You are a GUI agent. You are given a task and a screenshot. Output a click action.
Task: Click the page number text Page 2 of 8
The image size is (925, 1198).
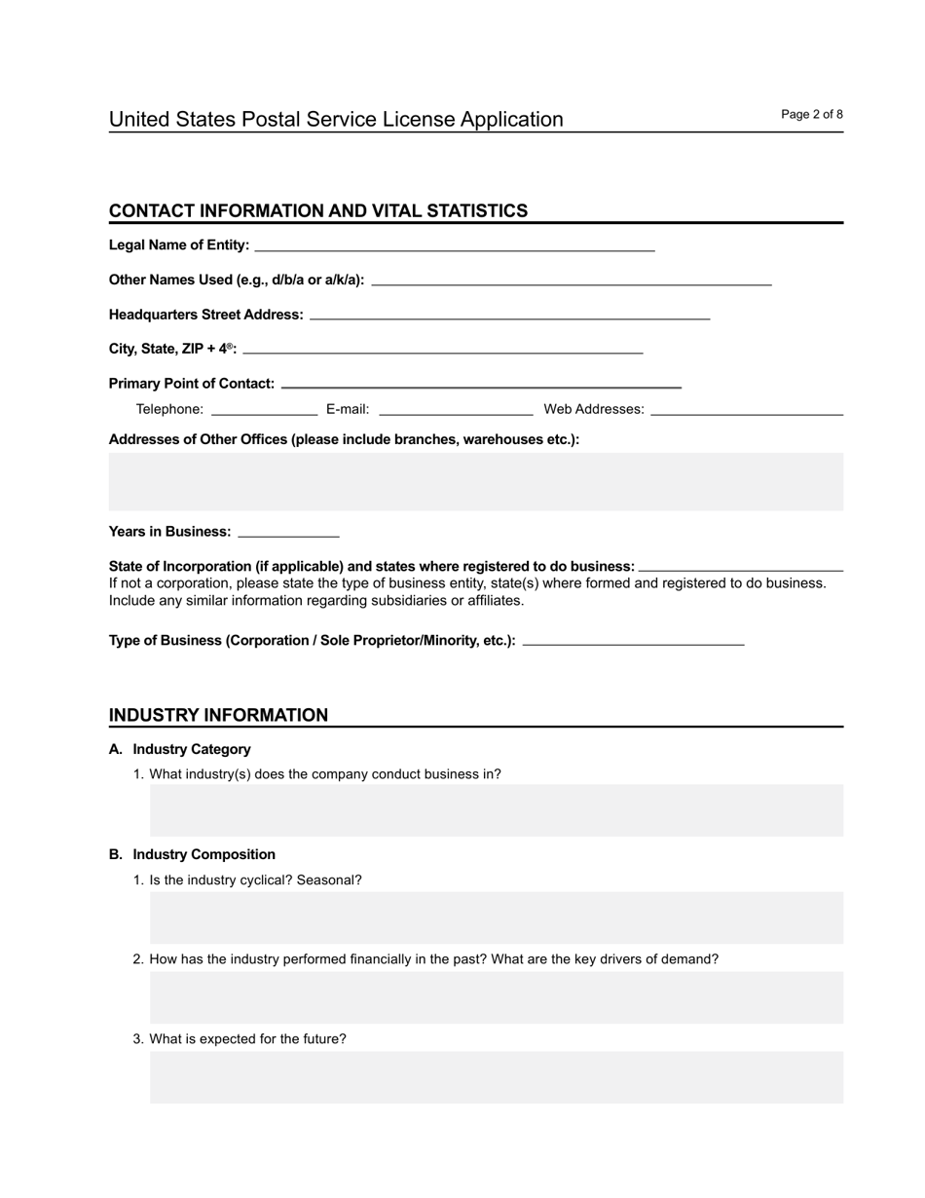point(811,115)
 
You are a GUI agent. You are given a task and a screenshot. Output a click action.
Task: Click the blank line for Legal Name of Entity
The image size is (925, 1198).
point(454,244)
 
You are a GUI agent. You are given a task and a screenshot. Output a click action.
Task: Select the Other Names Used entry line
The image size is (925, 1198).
point(572,280)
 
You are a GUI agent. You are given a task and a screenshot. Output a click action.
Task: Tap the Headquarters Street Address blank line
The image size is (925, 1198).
point(509,315)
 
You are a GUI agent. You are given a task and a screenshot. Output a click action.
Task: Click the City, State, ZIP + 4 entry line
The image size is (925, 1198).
point(443,348)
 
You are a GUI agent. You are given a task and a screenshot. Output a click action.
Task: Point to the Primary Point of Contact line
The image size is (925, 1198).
point(480,383)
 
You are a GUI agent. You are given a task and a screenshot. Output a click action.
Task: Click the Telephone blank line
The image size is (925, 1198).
point(264,409)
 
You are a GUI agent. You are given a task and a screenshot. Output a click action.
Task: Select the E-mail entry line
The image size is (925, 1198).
point(456,409)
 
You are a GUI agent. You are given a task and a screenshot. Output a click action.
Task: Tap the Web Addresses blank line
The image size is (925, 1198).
point(746,409)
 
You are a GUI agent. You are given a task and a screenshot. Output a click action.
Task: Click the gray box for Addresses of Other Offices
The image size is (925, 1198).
point(475,481)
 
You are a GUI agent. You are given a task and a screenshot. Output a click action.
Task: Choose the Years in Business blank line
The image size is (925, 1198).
point(288,532)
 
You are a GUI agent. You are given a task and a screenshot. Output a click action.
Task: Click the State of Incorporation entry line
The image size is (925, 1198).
point(740,566)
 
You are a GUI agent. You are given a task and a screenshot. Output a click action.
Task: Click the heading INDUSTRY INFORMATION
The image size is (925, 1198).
point(218,715)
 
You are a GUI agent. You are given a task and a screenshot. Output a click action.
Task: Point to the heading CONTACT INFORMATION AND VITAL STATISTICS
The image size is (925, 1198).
point(318,210)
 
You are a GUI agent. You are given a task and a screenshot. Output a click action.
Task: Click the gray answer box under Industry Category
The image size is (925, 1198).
point(496,809)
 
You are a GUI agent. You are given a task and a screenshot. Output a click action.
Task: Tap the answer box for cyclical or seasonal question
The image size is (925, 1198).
point(496,917)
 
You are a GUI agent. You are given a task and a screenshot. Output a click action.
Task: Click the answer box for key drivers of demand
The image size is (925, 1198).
point(496,996)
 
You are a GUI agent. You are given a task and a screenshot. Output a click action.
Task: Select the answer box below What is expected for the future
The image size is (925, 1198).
point(496,1076)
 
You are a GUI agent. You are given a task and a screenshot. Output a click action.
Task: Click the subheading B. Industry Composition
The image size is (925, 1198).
point(192,854)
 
